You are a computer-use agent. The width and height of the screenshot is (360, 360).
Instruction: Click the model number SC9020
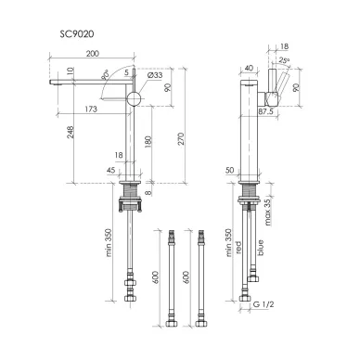tap(77, 33)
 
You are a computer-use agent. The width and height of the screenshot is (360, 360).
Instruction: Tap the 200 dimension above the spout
tap(93, 54)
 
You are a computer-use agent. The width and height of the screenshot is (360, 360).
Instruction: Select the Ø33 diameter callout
tap(155, 75)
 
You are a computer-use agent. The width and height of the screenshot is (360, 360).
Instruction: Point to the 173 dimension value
tap(91, 109)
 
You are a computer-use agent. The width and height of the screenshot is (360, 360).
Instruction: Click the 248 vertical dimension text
tap(71, 132)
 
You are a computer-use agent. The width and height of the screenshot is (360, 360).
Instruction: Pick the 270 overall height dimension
tap(181, 139)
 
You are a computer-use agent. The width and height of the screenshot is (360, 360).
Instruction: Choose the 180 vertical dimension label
tap(148, 142)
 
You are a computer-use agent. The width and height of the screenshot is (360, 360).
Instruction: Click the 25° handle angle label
tap(284, 60)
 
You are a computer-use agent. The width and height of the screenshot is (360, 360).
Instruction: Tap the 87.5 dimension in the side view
tap(266, 111)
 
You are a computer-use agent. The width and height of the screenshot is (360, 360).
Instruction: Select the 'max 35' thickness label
tap(267, 212)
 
